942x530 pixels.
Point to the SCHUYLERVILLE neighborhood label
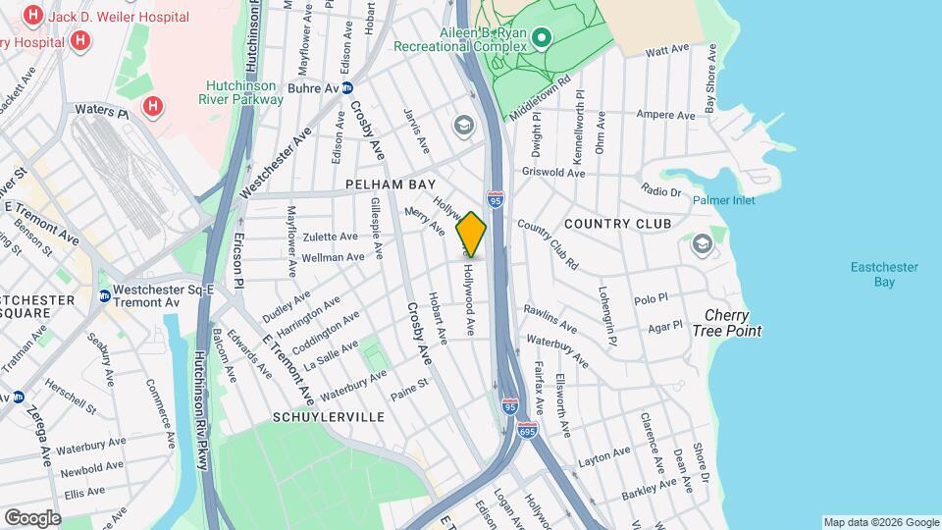(x=329, y=417)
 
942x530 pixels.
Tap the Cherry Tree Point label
(x=734, y=323)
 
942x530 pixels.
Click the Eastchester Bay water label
(x=870, y=274)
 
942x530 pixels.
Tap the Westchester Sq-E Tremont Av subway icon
(x=104, y=295)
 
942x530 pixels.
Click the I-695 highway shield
(x=528, y=429)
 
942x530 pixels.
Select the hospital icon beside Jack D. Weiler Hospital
(x=34, y=16)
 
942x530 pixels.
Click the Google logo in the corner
(x=32, y=517)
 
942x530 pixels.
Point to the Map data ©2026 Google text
(x=881, y=522)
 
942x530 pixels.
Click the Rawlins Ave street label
(x=549, y=317)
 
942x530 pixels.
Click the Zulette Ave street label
(x=331, y=237)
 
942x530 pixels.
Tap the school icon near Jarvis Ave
(x=462, y=125)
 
